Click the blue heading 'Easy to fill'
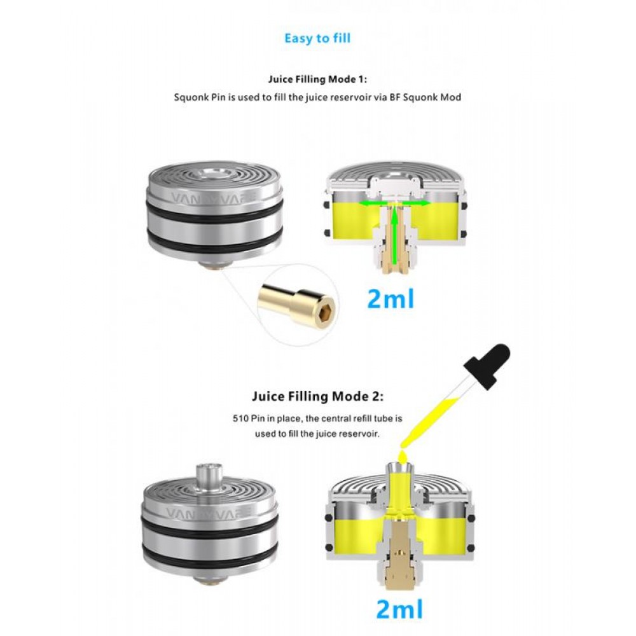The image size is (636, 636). click(317, 39)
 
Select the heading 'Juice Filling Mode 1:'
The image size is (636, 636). click(317, 79)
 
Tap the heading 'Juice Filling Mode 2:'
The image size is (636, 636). click(317, 396)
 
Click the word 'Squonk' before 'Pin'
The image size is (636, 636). click(191, 98)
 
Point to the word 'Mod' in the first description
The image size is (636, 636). click(451, 97)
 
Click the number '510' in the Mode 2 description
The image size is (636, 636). click(241, 418)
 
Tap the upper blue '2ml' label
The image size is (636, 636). click(391, 299)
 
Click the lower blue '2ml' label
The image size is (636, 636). click(399, 609)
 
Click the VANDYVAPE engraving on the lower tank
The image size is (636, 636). click(209, 513)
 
